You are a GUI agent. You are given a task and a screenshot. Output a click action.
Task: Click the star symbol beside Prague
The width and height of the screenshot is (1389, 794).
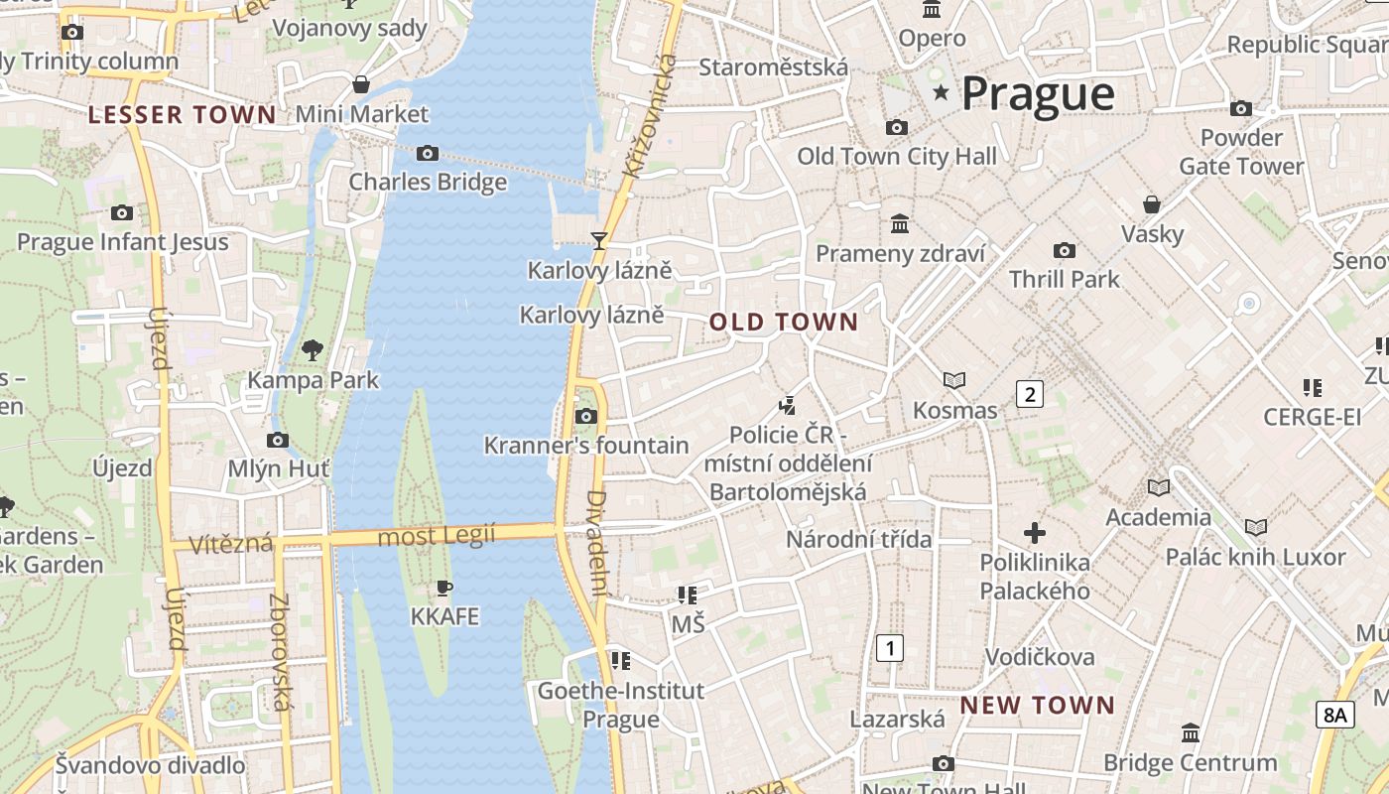point(941,93)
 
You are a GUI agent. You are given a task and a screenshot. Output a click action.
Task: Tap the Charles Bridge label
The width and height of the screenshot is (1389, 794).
point(428,182)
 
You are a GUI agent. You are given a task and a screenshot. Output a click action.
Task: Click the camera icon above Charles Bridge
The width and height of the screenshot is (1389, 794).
point(428,153)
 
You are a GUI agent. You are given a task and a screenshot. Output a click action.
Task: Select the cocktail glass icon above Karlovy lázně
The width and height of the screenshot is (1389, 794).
point(599,240)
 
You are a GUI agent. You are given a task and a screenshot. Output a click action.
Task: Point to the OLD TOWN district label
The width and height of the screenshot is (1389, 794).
point(783,322)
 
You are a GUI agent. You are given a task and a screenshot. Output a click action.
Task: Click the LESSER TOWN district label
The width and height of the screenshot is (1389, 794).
point(182,115)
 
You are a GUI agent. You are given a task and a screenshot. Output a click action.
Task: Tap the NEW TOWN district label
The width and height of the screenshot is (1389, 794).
point(1037,706)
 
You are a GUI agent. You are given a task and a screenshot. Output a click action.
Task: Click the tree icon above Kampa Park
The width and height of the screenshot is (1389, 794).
point(313,349)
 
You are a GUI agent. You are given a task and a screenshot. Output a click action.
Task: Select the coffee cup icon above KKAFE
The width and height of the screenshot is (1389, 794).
point(444,588)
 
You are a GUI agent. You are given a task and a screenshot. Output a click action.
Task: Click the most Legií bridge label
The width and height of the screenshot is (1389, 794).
point(438,537)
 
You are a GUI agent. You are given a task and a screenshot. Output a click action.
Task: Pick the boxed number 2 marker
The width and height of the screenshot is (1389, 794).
point(1030,394)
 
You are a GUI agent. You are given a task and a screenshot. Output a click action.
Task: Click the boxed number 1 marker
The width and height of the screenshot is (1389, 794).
point(891,649)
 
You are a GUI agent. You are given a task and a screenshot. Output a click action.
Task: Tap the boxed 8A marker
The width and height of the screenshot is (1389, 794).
point(1335,714)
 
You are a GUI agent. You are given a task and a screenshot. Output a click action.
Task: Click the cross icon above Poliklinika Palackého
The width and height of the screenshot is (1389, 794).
point(1035,533)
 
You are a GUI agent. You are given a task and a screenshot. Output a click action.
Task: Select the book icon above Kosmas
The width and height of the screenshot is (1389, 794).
point(954,380)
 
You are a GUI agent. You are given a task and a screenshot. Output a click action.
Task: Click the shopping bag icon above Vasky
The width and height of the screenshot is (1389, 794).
point(1152,204)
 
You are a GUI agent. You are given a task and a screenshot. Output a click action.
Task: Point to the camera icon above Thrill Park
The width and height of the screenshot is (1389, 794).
point(1065,250)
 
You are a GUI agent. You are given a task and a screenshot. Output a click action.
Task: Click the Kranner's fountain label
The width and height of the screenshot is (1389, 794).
point(585,446)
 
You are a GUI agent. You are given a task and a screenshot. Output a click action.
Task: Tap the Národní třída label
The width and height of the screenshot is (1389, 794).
point(859,539)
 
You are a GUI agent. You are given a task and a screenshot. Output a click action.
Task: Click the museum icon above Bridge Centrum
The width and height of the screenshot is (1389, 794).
point(1191,733)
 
